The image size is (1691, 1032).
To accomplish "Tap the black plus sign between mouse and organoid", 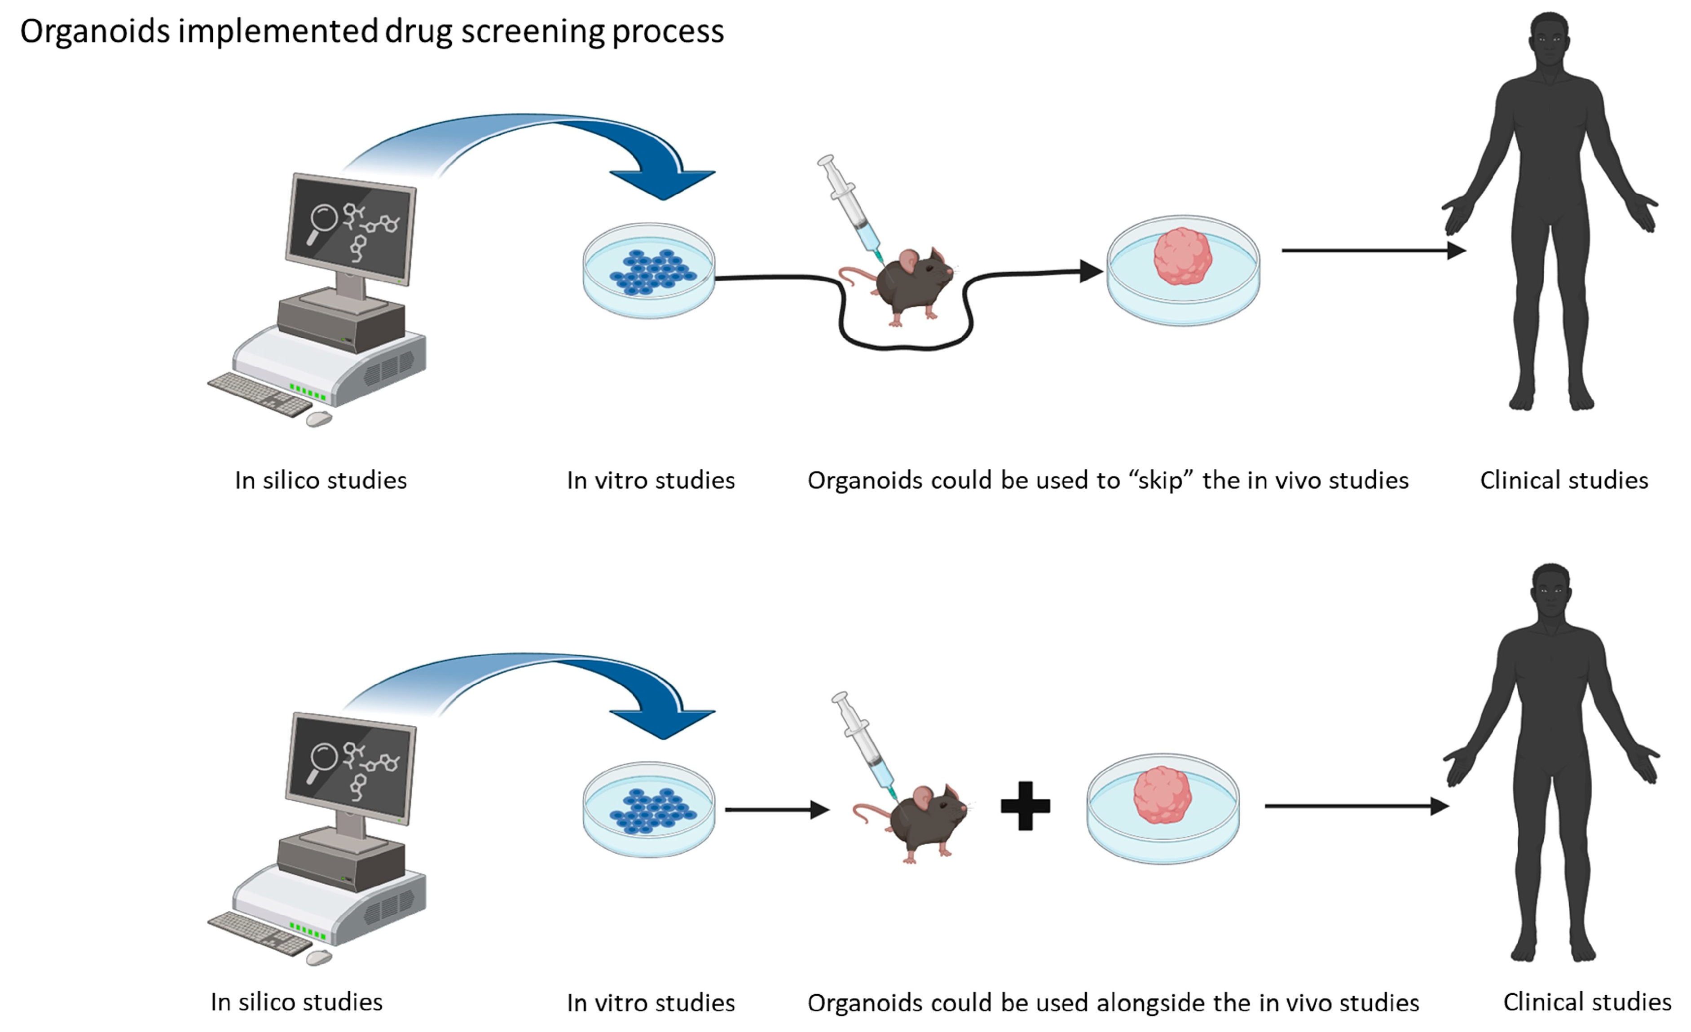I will tap(1025, 806).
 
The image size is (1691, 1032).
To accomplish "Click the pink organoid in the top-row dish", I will tap(1182, 256).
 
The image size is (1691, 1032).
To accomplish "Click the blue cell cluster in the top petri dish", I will tap(652, 272).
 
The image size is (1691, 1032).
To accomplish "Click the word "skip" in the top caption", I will tap(1160, 481).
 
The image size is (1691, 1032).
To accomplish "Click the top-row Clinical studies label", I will tap(1563, 481).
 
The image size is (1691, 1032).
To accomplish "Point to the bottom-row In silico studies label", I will tap(296, 1002).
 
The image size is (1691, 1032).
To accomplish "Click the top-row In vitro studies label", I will tap(651, 481).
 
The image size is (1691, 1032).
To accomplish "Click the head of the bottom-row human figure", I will tap(1551, 590).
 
